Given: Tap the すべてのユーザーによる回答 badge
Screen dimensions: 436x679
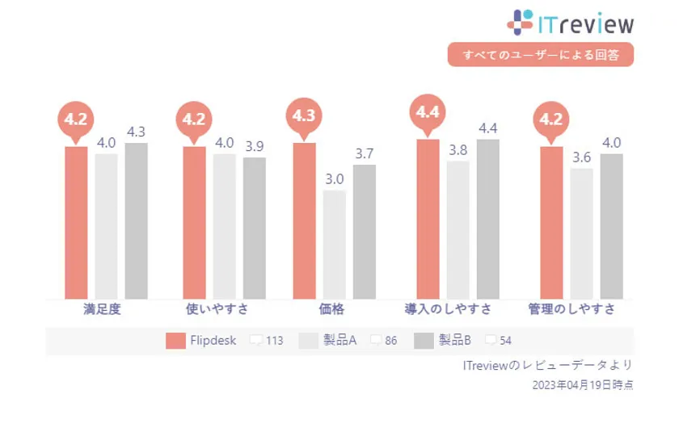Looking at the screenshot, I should (x=540, y=55).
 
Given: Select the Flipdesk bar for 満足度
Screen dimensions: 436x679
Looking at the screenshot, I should (x=76, y=222).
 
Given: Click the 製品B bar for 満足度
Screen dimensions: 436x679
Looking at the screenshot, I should (x=136, y=220).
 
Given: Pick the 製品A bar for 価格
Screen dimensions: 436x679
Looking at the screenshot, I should (x=334, y=244).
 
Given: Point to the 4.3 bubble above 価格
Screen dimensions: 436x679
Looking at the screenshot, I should (x=304, y=116).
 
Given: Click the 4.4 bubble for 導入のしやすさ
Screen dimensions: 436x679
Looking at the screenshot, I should (x=428, y=113).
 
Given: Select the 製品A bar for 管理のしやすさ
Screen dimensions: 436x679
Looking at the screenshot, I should (x=581, y=233).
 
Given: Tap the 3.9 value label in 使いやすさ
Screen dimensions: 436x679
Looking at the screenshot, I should (x=254, y=146).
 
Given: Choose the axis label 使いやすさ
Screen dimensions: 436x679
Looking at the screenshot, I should (x=217, y=309).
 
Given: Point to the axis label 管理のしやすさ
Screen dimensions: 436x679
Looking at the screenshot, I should (x=571, y=309).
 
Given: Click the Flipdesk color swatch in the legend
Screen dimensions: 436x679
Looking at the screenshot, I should (x=175, y=341).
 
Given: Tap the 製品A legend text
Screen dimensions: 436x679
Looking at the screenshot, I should (x=339, y=341).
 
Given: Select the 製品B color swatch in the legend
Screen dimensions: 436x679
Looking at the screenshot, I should (x=424, y=341).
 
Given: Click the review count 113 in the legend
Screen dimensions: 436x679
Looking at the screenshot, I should (x=274, y=341).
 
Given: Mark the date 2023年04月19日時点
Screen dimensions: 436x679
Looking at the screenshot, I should (x=582, y=385).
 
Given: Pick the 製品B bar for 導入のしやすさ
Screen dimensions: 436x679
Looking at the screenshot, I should (x=488, y=219).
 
